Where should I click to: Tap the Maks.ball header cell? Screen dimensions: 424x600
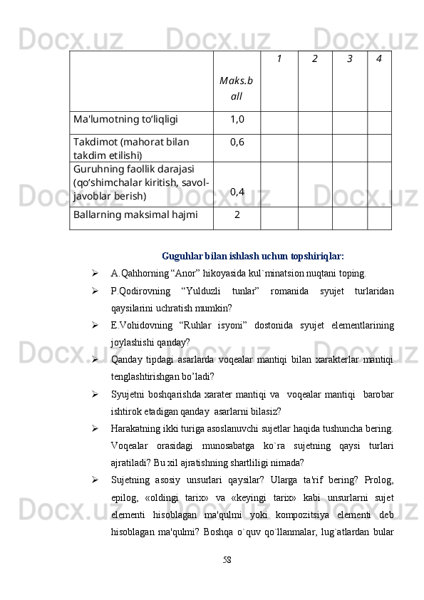[x=237, y=88]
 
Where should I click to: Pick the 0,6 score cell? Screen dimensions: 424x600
[x=237, y=141]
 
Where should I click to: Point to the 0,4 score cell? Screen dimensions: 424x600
[x=237, y=192]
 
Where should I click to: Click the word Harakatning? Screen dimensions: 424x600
[x=136, y=428]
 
